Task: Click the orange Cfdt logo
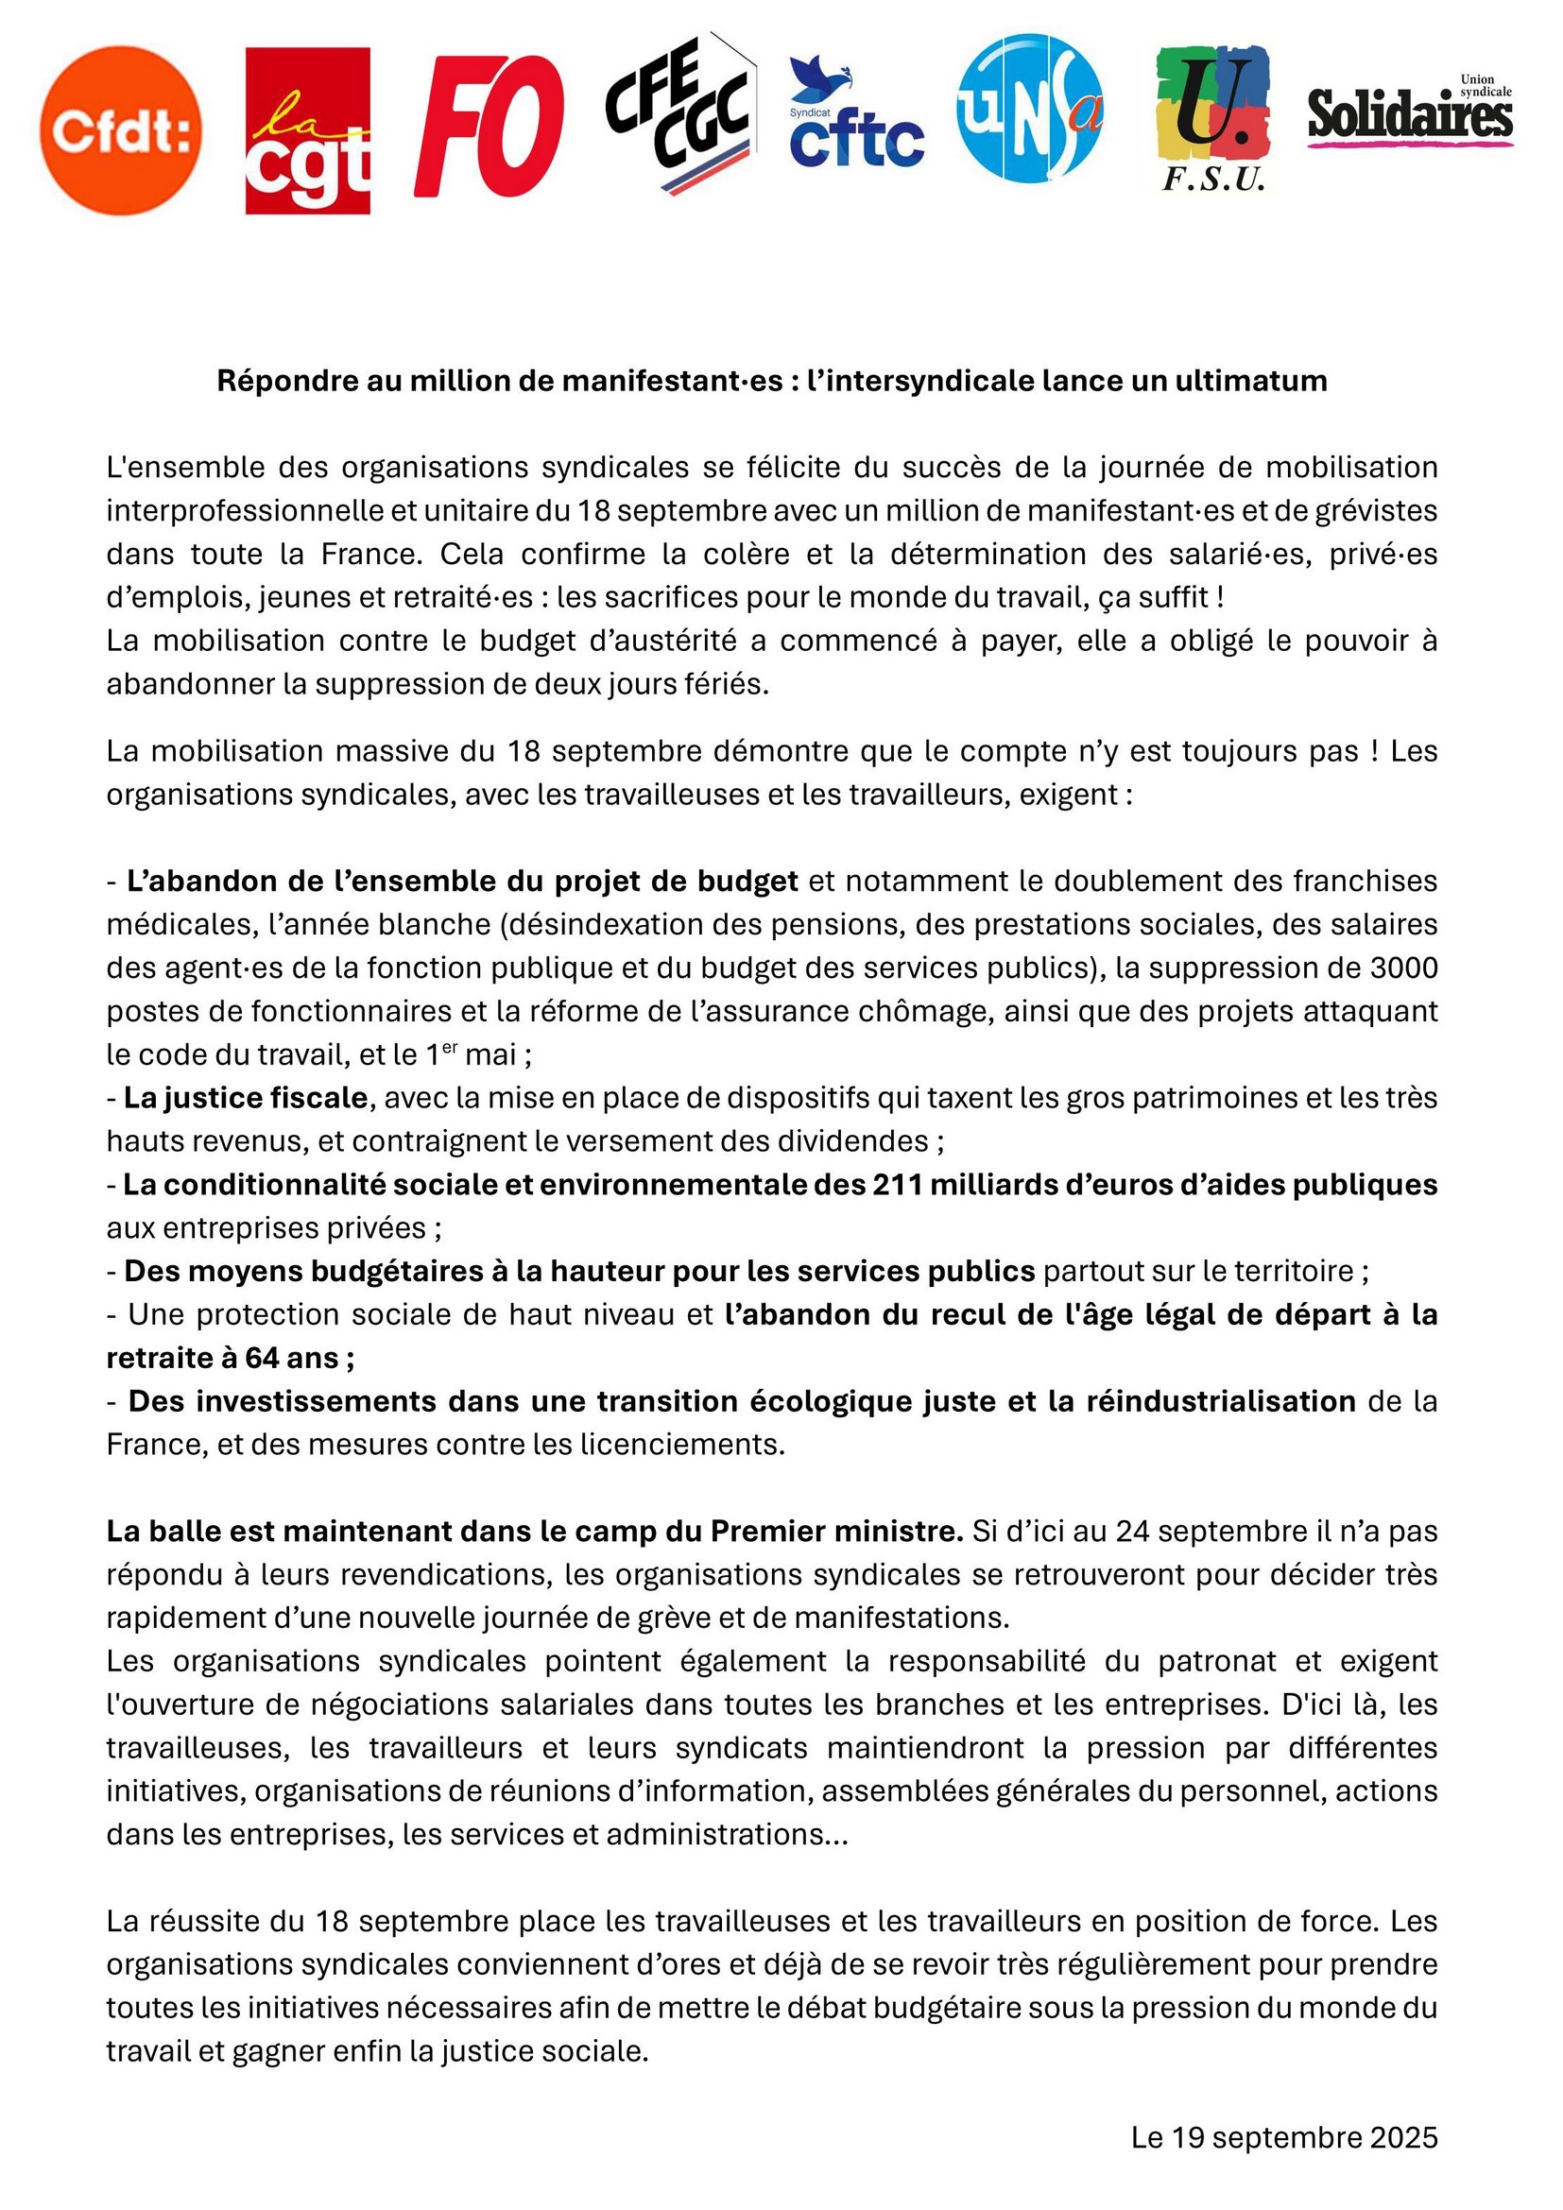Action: point(121,131)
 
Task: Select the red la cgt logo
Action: point(307,131)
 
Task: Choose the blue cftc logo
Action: point(855,113)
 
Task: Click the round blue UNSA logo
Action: point(1029,108)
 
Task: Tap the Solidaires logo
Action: point(1410,113)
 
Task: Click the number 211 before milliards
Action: point(901,1184)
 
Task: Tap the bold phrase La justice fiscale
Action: point(246,1097)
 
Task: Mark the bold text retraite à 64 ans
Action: point(229,1357)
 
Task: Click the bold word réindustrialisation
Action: point(1220,1400)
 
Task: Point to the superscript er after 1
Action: point(451,1047)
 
